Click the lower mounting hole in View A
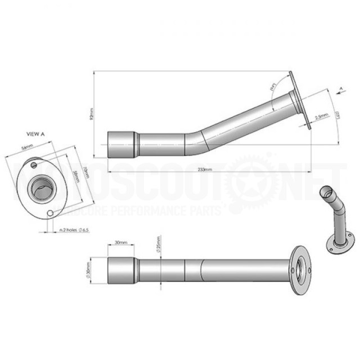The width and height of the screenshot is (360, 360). pos(51,214)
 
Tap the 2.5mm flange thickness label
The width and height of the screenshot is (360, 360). pos(322,116)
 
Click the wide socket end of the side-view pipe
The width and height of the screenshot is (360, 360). pos(122,145)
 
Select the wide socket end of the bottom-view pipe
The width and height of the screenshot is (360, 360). pos(121,271)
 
